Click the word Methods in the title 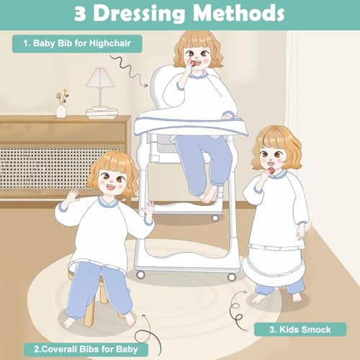click(x=239, y=13)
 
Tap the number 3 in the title click(x=80, y=14)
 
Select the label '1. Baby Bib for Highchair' click(x=77, y=43)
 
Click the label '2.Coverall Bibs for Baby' click(x=86, y=349)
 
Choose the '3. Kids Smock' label click(x=300, y=330)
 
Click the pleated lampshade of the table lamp click(x=100, y=77)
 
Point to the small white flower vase click(x=61, y=111)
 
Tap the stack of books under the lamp click(x=102, y=113)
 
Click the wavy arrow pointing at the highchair click(x=129, y=71)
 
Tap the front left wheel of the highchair click(x=140, y=274)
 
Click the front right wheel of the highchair click(x=231, y=277)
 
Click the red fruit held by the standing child click(x=271, y=171)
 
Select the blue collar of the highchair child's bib click(x=197, y=75)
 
